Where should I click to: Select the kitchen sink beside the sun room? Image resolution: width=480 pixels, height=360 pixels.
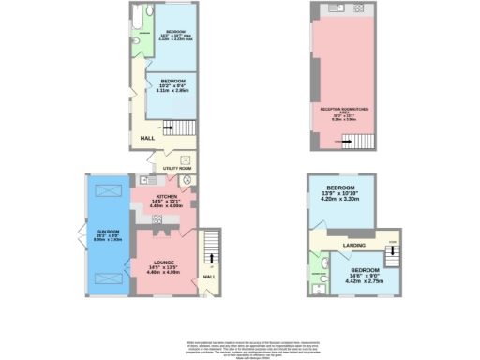pos(148,179)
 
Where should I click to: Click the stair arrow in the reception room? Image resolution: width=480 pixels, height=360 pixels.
pos(338,142)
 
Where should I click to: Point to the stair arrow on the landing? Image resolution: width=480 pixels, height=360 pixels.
pos(393,243)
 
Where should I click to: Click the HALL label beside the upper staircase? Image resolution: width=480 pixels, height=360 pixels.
pos(147,138)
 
